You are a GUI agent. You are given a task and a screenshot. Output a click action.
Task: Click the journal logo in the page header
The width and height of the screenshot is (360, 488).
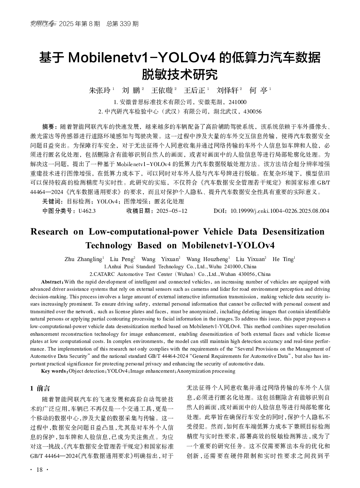pyautogui.click(x=43, y=24)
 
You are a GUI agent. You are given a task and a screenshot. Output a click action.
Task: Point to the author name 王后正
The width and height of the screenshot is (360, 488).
pyautogui.click(x=194, y=90)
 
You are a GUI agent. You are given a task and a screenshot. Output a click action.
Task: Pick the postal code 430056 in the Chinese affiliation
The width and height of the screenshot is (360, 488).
pyautogui.click(x=252, y=112)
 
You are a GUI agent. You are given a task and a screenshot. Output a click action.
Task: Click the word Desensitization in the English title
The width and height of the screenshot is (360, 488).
pyautogui.click(x=293, y=232)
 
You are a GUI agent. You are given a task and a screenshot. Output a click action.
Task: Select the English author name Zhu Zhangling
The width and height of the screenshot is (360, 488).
pyautogui.click(x=83, y=259)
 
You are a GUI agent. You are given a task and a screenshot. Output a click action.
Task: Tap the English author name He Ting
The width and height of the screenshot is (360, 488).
pyautogui.click(x=283, y=259)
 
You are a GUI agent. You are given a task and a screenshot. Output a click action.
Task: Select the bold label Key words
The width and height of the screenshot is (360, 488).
pyautogui.click(x=54, y=371)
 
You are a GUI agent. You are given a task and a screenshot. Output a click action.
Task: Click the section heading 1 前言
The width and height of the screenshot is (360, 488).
pyautogui.click(x=40, y=388)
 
